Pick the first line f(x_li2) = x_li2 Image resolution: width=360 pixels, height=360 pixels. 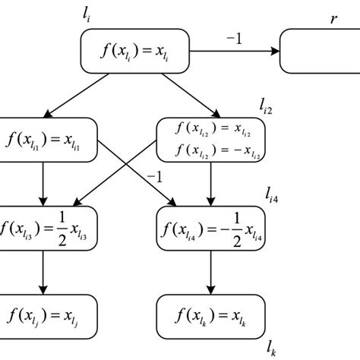[209, 128]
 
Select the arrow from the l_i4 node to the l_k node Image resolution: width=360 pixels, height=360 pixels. [209, 271]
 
